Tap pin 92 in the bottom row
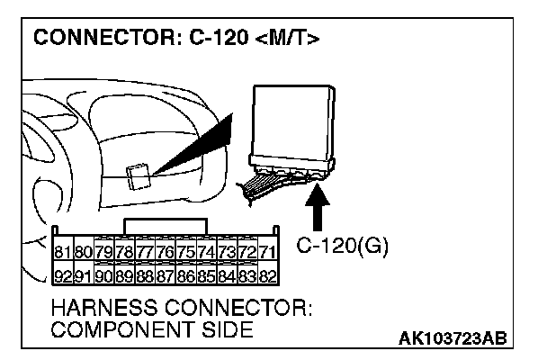[x=63, y=274]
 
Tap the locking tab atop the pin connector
[x=166, y=223]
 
